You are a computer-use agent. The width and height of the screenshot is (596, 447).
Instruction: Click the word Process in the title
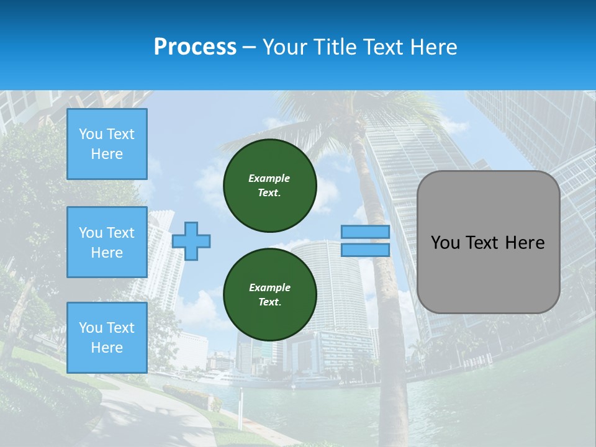click(x=195, y=47)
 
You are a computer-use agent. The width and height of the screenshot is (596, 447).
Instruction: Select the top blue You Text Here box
click(x=107, y=144)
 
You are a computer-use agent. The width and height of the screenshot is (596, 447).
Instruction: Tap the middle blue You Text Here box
click(x=107, y=242)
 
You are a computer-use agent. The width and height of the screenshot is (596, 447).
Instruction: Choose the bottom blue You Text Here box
click(x=107, y=337)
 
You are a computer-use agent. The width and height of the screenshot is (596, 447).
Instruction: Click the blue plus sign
click(x=191, y=241)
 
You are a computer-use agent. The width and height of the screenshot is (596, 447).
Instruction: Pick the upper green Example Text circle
click(x=269, y=185)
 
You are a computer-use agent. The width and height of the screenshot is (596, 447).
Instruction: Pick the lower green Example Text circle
click(x=269, y=294)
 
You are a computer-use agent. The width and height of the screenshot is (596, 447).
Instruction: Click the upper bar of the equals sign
click(x=365, y=232)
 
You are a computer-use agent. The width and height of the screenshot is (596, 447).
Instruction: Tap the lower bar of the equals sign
click(x=365, y=250)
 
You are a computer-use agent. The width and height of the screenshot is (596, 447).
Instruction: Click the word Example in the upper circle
click(x=269, y=178)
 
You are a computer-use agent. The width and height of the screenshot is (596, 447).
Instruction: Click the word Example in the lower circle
click(x=269, y=287)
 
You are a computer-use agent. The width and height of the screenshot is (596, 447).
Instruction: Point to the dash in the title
click(x=249, y=47)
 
